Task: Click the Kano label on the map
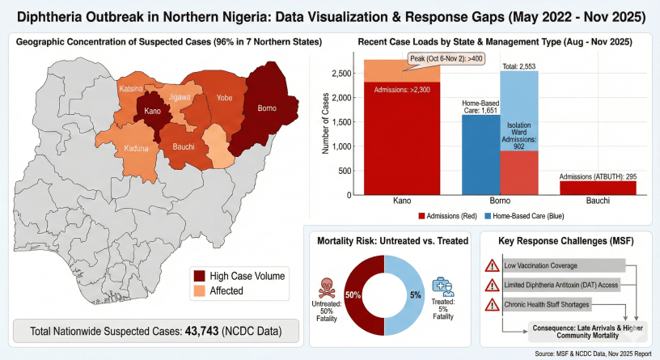point(152,111)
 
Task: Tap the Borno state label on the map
point(266,108)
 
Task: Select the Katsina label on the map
point(131,87)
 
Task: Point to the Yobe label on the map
point(224,99)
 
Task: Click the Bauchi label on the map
point(184,146)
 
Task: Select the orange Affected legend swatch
point(200,291)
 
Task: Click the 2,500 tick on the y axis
point(342,74)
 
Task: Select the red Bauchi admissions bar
point(598,187)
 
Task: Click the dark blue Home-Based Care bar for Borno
point(481,154)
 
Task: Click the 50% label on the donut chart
point(353,294)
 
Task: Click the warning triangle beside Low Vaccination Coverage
point(490,265)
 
